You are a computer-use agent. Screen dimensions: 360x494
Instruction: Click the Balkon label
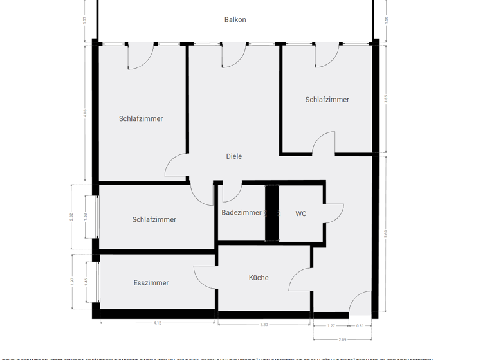tap(235, 20)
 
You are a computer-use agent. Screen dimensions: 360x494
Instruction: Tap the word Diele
tap(234, 156)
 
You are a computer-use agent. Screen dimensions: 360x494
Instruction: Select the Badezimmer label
tap(241, 213)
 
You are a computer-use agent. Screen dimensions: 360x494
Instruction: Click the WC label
tap(301, 214)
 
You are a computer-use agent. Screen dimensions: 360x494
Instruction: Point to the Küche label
tap(259, 278)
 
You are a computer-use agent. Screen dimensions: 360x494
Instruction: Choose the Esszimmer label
tap(151, 283)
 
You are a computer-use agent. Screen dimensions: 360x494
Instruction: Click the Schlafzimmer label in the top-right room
tap(327, 100)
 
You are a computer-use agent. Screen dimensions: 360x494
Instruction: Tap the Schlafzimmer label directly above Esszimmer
tap(154, 220)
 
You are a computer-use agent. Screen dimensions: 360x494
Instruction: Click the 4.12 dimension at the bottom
tap(158, 323)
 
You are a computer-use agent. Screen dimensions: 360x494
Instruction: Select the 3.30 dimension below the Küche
tap(264, 325)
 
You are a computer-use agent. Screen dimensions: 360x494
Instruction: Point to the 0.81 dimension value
tap(360, 325)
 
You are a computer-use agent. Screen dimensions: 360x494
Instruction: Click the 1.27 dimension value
tap(331, 325)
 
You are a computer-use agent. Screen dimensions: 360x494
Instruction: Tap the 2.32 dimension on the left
tap(72, 217)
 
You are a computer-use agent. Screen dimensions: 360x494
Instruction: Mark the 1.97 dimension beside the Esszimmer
tap(72, 281)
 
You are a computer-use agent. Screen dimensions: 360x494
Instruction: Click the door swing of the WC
tap(335, 213)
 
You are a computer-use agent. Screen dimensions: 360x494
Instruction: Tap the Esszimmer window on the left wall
tap(98, 281)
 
